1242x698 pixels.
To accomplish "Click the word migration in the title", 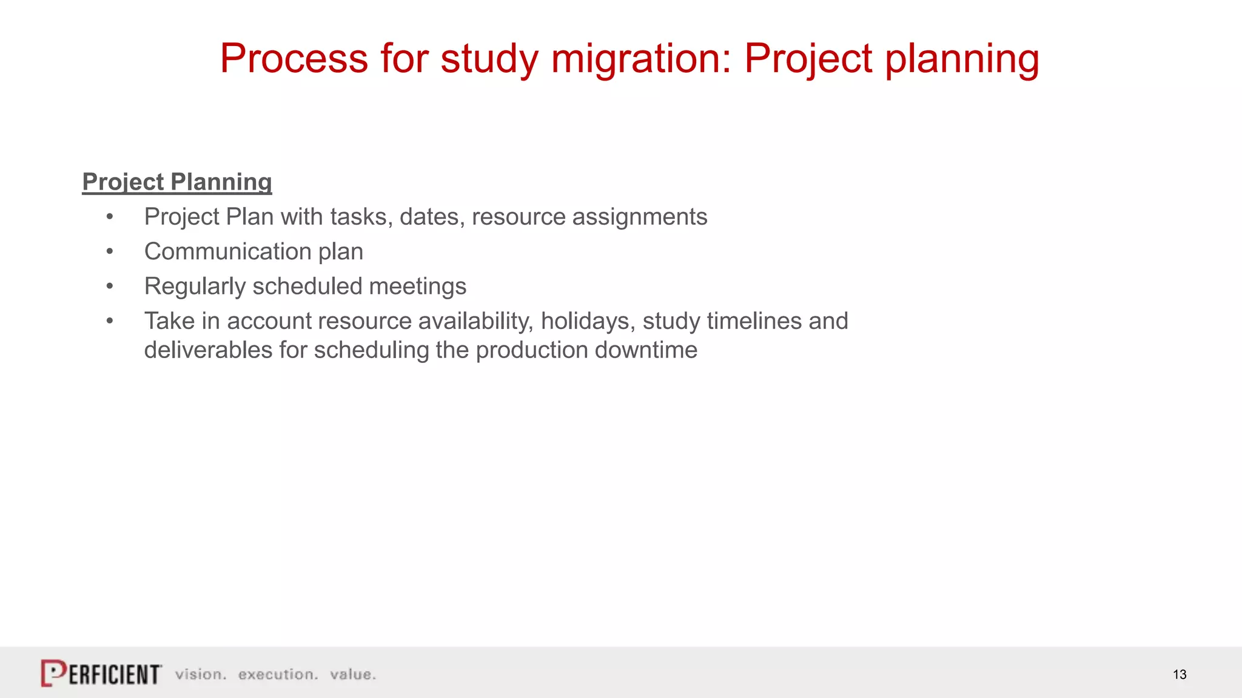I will point(640,59).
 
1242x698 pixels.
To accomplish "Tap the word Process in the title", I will point(294,59).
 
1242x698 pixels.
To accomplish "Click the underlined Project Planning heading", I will point(176,182).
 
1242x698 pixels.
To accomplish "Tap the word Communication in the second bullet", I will point(227,251).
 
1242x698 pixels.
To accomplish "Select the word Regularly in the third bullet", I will point(195,286).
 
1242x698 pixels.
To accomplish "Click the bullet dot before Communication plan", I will point(110,251).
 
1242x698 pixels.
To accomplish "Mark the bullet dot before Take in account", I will point(110,321).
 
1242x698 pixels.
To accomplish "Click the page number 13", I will point(1180,674).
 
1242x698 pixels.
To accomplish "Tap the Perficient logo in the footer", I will point(101,673).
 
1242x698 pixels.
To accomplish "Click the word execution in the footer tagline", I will point(277,674).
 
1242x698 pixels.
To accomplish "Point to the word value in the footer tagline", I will point(352,674).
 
